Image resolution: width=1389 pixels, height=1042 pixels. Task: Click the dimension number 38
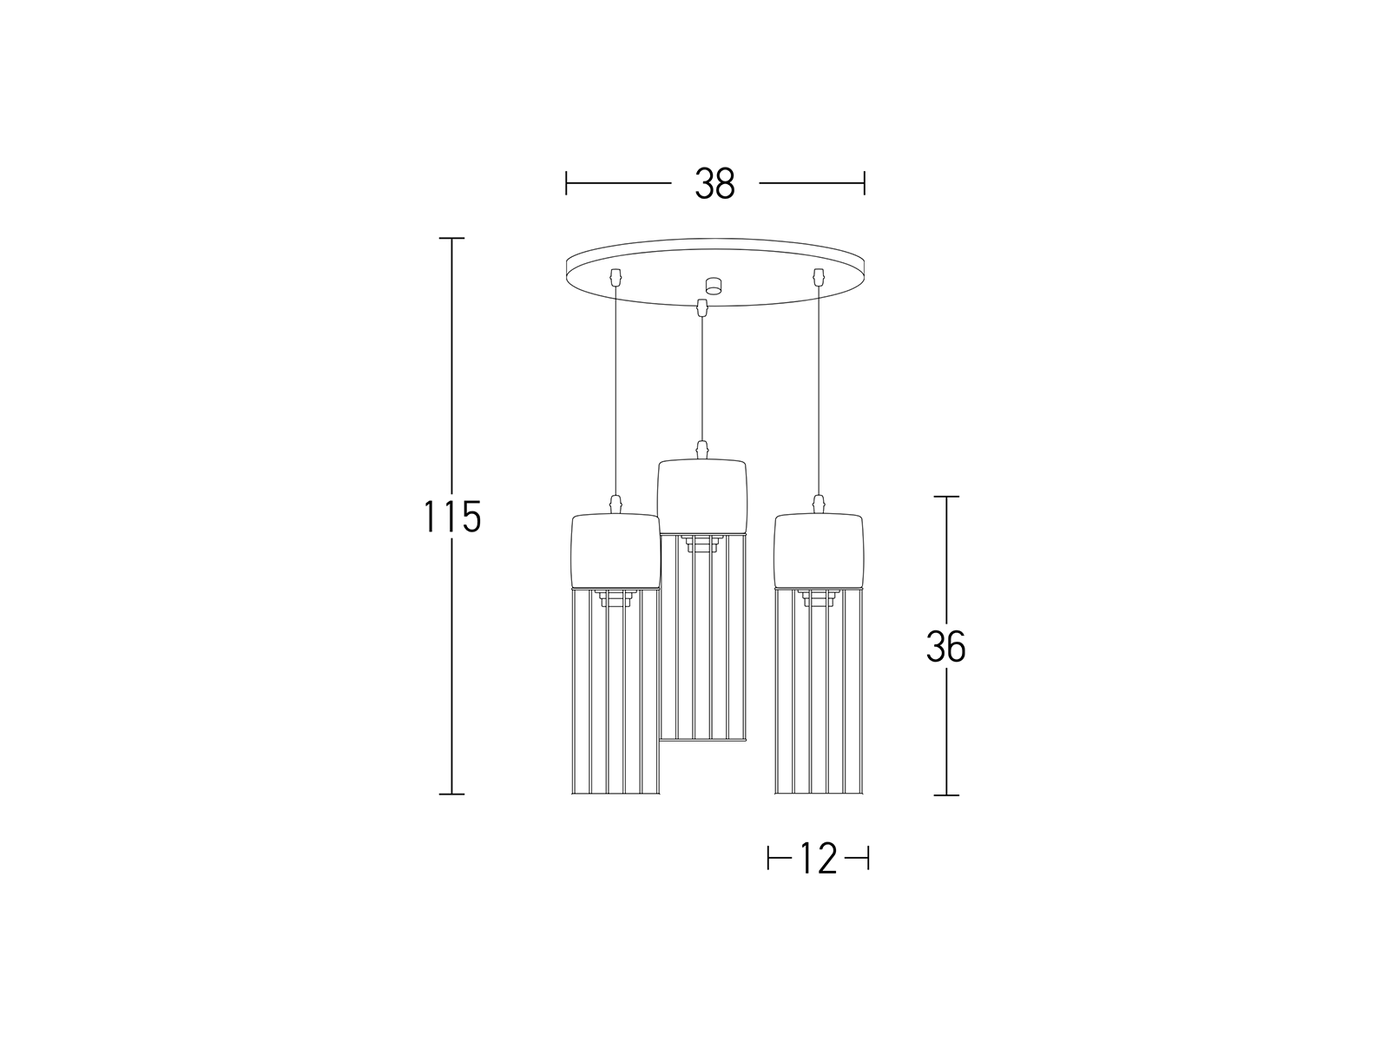[x=714, y=183]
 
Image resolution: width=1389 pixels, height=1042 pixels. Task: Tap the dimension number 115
[x=451, y=517]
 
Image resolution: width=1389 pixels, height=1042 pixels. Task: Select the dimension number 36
[x=945, y=647]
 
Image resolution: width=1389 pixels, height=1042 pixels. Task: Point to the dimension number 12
[x=819, y=859]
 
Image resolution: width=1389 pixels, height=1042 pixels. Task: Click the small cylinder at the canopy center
[x=714, y=286]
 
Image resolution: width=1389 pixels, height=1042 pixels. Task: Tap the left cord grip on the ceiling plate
[x=615, y=276]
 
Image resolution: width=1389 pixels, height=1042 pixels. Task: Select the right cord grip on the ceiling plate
[x=819, y=276]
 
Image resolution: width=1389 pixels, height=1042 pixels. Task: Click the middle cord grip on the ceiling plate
[x=701, y=307]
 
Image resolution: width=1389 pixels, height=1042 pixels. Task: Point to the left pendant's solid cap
[x=616, y=551]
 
